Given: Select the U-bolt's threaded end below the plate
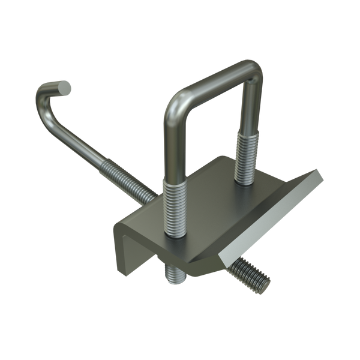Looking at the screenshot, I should click(174, 274).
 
